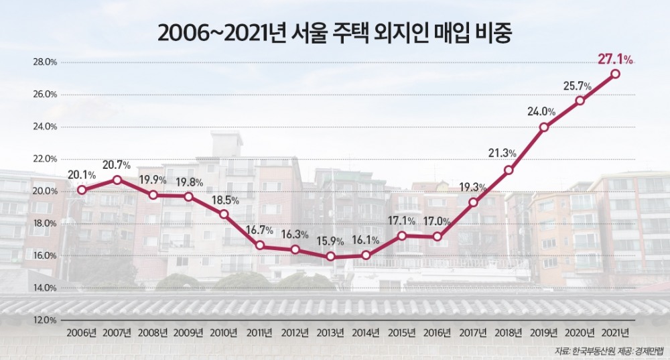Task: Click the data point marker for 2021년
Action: click(x=615, y=74)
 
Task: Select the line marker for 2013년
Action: click(x=330, y=257)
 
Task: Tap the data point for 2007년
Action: click(x=117, y=180)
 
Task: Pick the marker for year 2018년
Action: click(x=509, y=170)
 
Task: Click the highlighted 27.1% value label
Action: click(x=615, y=60)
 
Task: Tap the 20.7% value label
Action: click(x=117, y=165)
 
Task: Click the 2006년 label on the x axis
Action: click(x=82, y=333)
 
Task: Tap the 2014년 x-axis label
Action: click(x=366, y=333)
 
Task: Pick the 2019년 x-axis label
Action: click(x=544, y=333)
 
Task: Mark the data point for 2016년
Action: click(x=438, y=237)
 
